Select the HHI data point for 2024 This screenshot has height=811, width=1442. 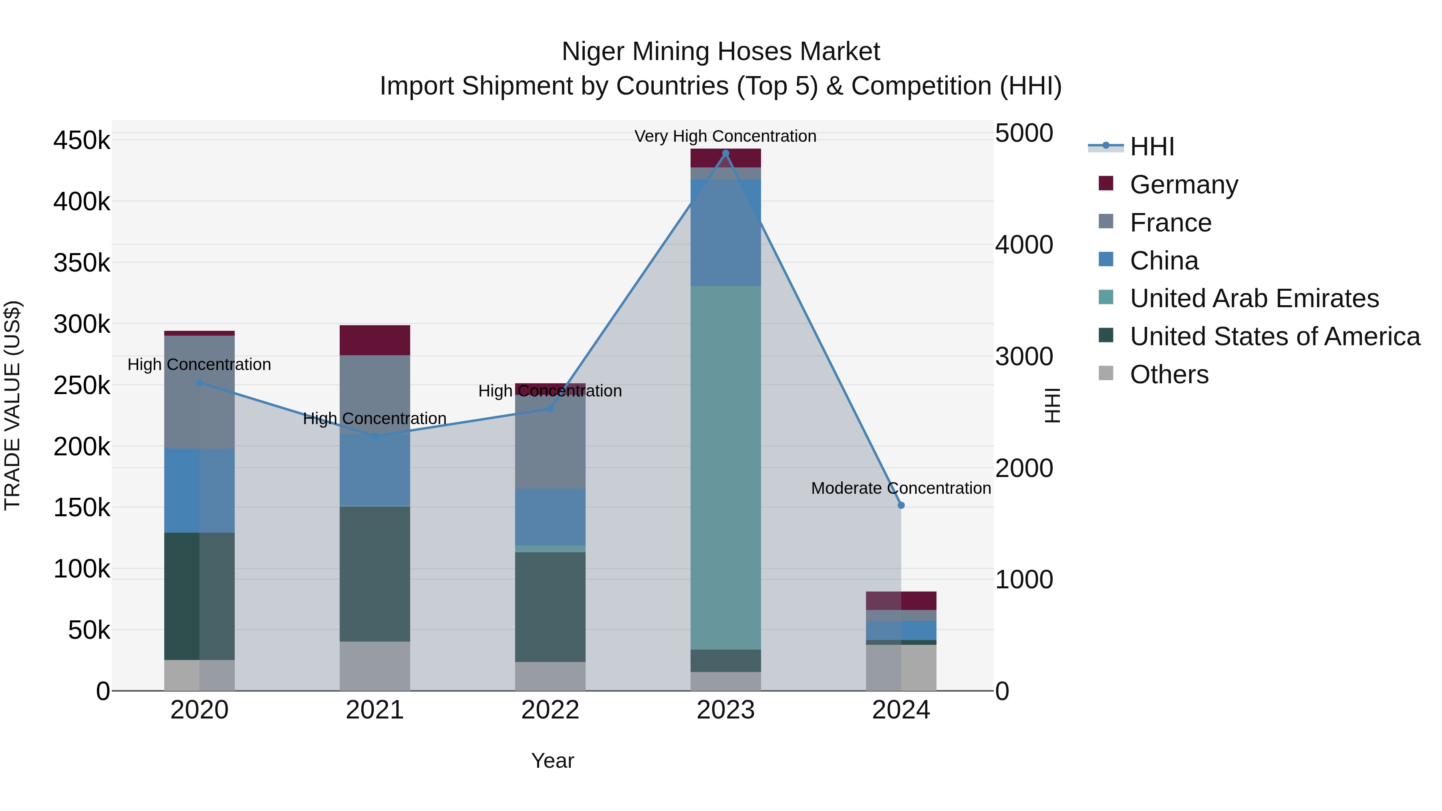coord(901,505)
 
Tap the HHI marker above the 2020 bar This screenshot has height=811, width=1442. coord(199,383)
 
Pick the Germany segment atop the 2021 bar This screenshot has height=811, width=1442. coord(375,340)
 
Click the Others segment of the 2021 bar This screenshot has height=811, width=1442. coord(375,666)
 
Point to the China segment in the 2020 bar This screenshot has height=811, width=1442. coord(199,491)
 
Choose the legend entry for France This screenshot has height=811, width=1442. coord(1170,223)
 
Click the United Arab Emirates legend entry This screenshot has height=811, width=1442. coord(1254,298)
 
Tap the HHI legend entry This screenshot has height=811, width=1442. coord(1152,147)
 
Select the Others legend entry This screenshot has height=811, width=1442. coord(1169,374)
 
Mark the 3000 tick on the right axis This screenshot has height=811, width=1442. coord(1024,356)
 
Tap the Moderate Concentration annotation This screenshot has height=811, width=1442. coord(901,488)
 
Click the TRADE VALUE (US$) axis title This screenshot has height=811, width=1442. coord(12,405)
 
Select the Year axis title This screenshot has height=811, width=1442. coord(552,761)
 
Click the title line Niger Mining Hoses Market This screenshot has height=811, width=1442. coord(721,52)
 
